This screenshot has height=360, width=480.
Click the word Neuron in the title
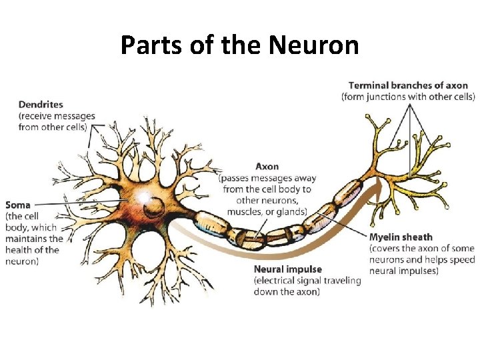(314, 46)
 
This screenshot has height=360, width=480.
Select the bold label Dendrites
(41, 104)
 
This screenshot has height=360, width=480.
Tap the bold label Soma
(18, 205)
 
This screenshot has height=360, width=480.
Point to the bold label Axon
(267, 166)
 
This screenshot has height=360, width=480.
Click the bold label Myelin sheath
(401, 237)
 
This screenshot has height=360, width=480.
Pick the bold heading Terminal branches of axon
(408, 85)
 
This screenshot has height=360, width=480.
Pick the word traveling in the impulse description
(339, 281)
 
